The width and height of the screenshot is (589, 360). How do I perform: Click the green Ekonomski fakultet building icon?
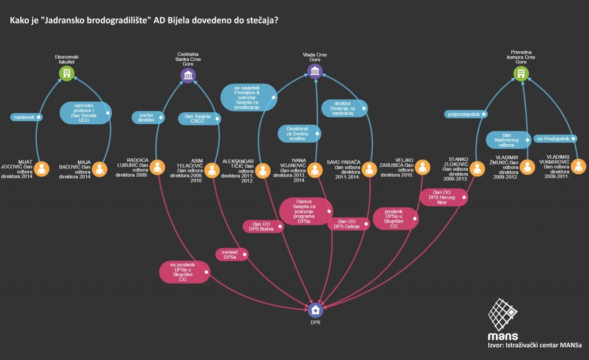click(x=67, y=73)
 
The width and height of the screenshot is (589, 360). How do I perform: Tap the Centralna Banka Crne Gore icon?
click(x=188, y=76)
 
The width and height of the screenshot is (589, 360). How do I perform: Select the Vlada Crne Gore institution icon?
click(x=315, y=71)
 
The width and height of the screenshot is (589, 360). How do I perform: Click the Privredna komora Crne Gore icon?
click(x=521, y=73)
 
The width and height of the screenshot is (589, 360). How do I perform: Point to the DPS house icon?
click(x=315, y=311)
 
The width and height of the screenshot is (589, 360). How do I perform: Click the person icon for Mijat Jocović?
click(x=41, y=169)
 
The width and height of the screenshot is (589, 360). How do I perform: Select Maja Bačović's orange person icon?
click(x=100, y=169)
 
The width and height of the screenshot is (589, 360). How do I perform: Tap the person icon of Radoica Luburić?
click(x=159, y=167)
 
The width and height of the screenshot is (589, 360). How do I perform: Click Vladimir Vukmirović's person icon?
click(x=578, y=167)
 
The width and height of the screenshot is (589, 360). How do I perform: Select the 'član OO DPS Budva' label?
click(x=263, y=226)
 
